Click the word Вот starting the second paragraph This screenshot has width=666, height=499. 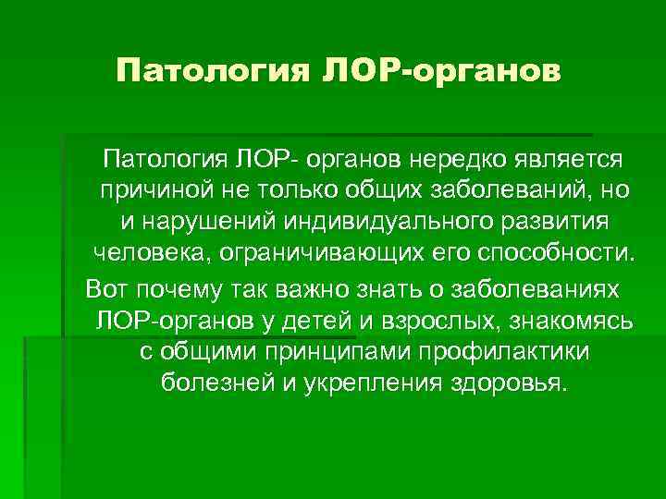(x=105, y=287)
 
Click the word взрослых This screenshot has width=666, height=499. (x=462, y=320)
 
